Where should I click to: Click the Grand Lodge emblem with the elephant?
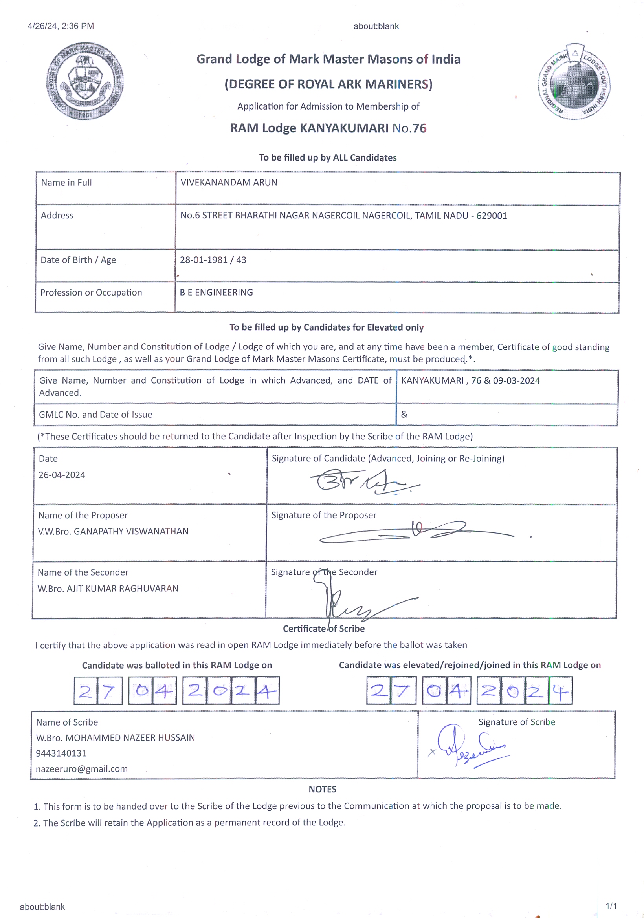[x=85, y=81]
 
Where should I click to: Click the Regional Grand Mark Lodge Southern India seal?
[x=574, y=82]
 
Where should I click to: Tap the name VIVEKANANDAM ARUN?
[x=228, y=182]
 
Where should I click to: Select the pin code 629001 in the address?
[x=492, y=216]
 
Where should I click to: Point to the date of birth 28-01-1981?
[x=204, y=260]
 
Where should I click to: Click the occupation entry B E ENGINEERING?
[x=216, y=292]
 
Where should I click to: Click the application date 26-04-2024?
[x=62, y=475]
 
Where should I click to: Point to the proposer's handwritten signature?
[x=416, y=532]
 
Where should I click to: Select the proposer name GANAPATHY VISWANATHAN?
[x=131, y=531]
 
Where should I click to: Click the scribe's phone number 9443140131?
[x=61, y=753]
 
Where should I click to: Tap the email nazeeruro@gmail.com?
[x=82, y=769]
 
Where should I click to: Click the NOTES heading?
[x=322, y=789]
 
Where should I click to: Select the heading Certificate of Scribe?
[x=324, y=629]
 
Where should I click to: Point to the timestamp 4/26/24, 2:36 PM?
[x=61, y=26]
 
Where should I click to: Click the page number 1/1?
[x=611, y=906]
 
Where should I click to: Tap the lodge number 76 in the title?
[x=419, y=128]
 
